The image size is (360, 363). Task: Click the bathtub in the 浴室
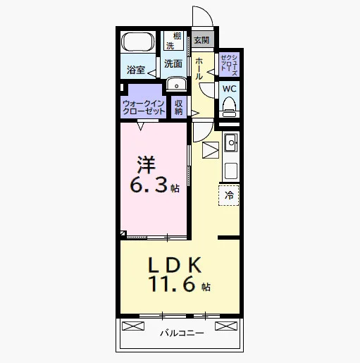coord(138,42)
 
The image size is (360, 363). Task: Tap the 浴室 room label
coord(136,70)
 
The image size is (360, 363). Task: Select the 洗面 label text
coord(173,63)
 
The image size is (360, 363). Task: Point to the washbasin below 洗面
coord(176,84)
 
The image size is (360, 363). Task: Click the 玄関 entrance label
coord(201,40)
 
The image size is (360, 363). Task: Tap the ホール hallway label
coord(199,68)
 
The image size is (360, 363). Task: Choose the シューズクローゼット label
coord(229,65)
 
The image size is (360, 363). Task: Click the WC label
coord(230,89)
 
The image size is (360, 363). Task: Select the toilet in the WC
coord(229,107)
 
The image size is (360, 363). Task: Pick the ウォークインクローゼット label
coord(144,107)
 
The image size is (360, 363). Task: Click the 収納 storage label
coord(178,107)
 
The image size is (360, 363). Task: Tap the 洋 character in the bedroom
coord(147,165)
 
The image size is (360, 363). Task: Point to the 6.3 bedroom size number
coord(149,185)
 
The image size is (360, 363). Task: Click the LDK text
coord(175,265)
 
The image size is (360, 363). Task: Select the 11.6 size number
coord(172,283)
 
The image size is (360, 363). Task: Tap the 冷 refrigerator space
coord(229,195)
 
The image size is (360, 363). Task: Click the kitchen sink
coord(231,142)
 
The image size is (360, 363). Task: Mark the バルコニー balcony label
coord(182,333)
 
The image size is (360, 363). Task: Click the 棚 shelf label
coord(178,37)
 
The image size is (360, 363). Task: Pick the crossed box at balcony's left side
coord(133,326)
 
